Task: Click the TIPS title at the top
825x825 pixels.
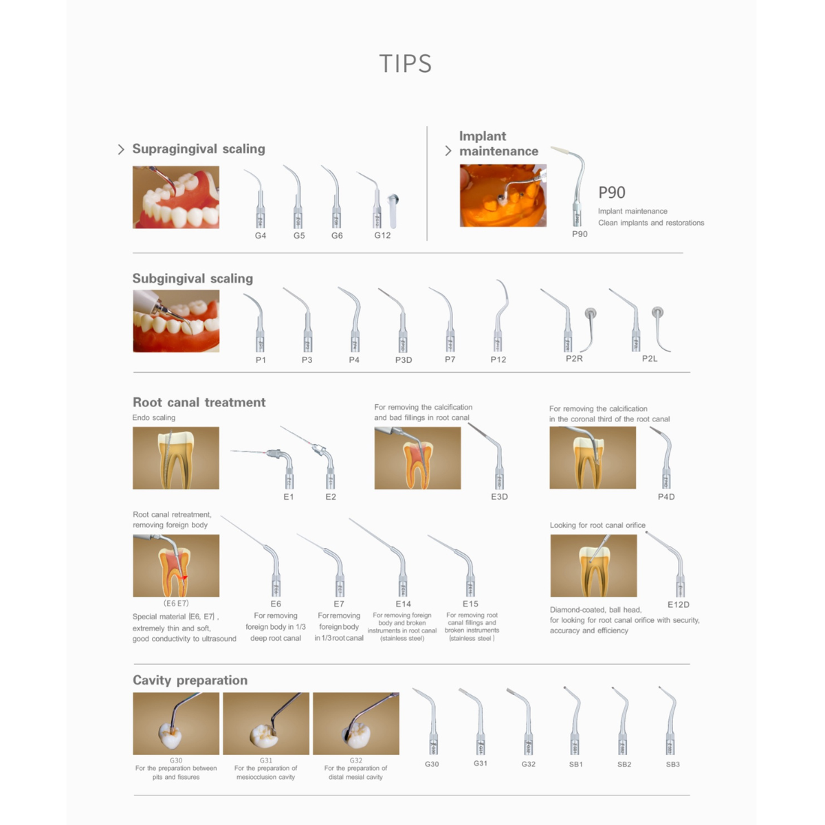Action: coord(406,64)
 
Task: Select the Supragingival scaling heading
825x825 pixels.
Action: coord(199,149)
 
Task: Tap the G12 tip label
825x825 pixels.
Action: coord(382,235)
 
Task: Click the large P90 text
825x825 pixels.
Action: coord(612,192)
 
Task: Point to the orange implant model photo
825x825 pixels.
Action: coord(503,196)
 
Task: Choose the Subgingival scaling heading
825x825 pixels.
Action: coord(192,278)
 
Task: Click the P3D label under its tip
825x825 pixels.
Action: coord(404,360)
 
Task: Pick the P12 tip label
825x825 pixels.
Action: coord(498,360)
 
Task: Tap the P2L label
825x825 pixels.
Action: coord(650,359)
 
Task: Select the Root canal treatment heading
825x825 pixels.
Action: coord(199,402)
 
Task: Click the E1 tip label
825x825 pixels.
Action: coord(289,496)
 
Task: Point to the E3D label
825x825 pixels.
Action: coord(499,496)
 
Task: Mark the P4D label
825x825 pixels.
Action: coord(666,496)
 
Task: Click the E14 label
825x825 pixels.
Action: coord(404,604)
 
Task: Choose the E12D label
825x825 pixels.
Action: coord(679,604)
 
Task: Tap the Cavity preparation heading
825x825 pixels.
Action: coord(190,681)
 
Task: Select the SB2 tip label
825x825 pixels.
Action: coord(624,764)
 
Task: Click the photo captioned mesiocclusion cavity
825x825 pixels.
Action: coord(266,723)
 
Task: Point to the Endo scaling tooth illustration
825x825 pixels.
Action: coord(176,458)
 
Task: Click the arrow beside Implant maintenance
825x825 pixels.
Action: coord(448,151)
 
